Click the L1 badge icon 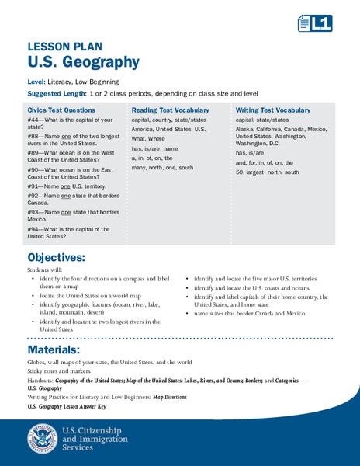pyautogui.click(x=315, y=24)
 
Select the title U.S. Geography pyautogui.click(x=83, y=62)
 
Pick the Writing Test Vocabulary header pyautogui.click(x=272, y=110)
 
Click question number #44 pyautogui.click(x=34, y=120)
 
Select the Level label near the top pyautogui.click(x=36, y=81)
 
